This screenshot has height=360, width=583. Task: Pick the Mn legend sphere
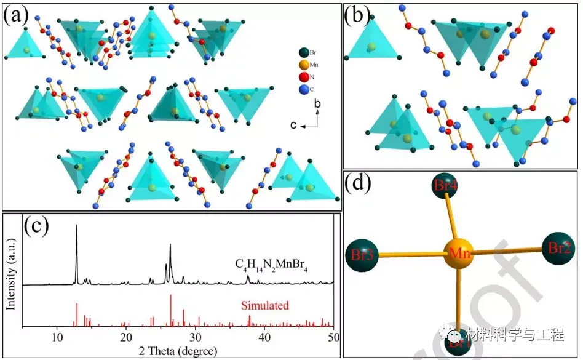pos(303,65)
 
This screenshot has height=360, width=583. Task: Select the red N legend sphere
pos(303,77)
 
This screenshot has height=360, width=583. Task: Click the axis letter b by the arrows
pos(317,104)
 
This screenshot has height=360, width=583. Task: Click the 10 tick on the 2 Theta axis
pos(57,337)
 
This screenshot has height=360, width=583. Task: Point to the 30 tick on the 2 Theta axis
pos(195,337)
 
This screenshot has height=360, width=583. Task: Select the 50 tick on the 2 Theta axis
pos(333,337)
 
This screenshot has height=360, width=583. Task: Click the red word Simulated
pos(264,305)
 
